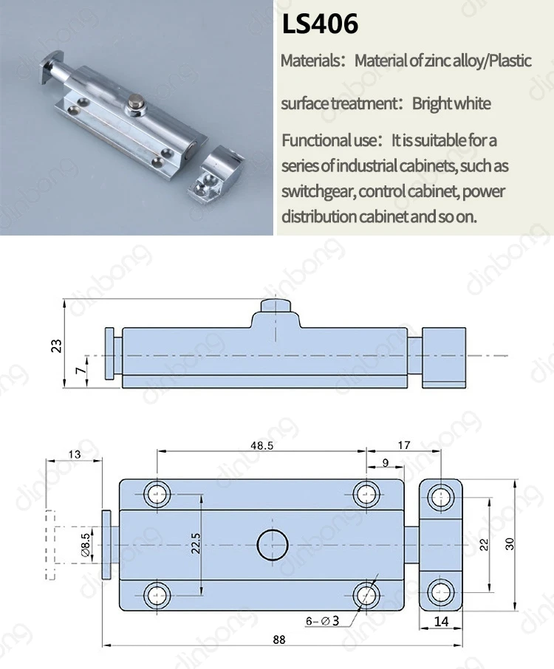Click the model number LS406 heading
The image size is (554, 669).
[320, 24]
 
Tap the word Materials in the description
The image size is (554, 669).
[310, 61]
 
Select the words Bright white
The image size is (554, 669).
[451, 103]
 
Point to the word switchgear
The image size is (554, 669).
[318, 192]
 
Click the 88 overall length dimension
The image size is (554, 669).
[279, 639]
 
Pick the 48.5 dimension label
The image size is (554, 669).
[261, 445]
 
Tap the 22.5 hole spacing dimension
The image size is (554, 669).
[196, 543]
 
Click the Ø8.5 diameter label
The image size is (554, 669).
[86, 545]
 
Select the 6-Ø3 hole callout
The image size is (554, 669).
[322, 621]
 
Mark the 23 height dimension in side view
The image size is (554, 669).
[56, 346]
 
